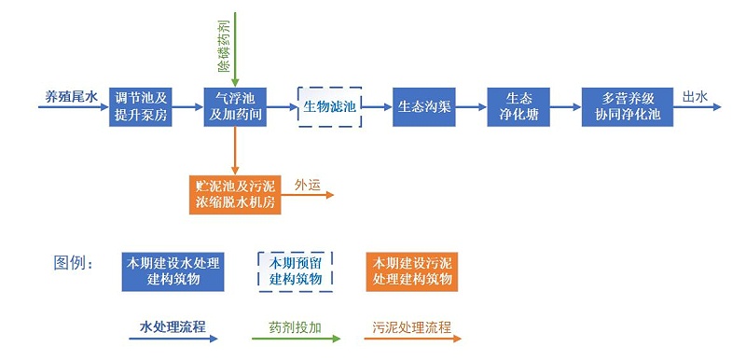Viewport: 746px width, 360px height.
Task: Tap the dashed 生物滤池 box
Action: (330, 107)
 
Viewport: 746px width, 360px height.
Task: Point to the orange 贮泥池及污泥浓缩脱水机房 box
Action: (237, 192)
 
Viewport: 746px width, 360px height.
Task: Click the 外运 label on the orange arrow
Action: (308, 185)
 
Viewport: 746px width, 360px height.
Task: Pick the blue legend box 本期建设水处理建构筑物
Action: (173, 270)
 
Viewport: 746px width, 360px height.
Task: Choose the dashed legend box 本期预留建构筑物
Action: (295, 270)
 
